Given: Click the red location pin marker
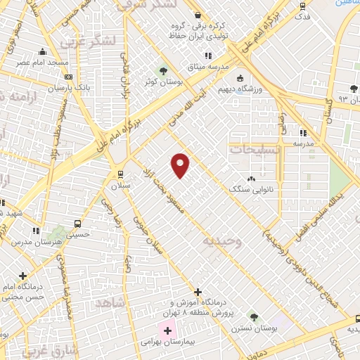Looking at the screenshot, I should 181,165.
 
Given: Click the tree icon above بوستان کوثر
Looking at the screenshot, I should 163,71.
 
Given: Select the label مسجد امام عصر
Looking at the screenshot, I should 44,63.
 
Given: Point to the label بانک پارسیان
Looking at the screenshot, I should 51,89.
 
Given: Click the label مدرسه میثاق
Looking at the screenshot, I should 206,66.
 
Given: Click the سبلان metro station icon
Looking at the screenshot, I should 120,174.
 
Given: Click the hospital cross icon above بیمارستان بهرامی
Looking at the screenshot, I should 167,330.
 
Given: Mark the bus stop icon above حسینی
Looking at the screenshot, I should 77,224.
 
